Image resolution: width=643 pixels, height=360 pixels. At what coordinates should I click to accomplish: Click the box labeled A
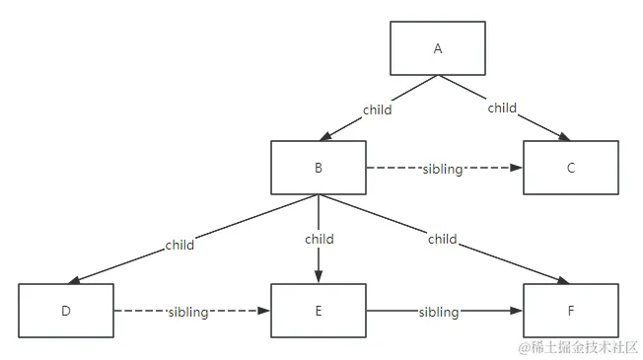tap(437, 48)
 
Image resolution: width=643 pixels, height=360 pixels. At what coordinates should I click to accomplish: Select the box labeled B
tap(319, 168)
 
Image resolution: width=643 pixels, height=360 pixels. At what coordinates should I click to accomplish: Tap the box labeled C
tap(571, 168)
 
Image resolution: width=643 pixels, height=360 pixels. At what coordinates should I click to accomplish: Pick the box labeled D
tap(66, 312)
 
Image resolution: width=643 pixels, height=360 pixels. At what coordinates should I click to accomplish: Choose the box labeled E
tap(319, 312)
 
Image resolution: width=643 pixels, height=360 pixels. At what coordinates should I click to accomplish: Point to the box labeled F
tap(571, 312)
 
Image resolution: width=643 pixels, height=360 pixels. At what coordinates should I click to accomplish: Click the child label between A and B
tap(377, 109)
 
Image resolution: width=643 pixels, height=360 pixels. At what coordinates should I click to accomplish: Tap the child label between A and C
tap(502, 108)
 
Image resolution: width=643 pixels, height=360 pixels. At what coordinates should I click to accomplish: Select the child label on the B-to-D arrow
tap(179, 245)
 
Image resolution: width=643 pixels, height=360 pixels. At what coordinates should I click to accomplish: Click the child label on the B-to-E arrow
tap(319, 239)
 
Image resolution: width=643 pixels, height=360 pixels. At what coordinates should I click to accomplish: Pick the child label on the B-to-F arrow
tap(442, 239)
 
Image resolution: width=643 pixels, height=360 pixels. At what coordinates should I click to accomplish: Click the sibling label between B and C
tap(442, 169)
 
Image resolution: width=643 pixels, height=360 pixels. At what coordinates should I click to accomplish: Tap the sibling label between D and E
tap(187, 312)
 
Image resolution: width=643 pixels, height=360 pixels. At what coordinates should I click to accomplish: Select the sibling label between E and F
tap(439, 312)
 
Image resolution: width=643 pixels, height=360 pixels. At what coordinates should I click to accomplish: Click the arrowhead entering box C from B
tap(518, 168)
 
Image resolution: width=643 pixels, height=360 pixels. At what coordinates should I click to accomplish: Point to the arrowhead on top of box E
tap(319, 278)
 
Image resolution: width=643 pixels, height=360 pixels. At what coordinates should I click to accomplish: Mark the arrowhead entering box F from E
tap(518, 312)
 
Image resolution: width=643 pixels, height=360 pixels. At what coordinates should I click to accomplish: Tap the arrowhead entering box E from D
tap(265, 312)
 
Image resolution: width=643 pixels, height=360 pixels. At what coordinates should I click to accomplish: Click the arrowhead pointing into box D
tap(76, 281)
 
